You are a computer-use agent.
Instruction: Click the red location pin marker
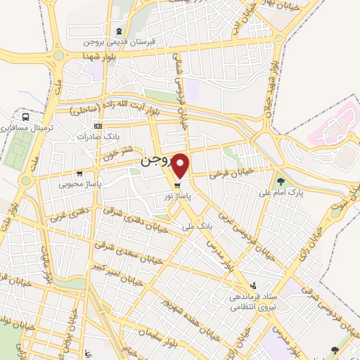(x=181, y=166)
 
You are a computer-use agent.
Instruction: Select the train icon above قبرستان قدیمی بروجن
(x=120, y=30)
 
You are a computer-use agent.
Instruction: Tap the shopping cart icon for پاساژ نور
(x=167, y=186)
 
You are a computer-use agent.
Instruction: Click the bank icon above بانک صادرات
(x=98, y=127)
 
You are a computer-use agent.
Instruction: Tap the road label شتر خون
(x=117, y=155)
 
